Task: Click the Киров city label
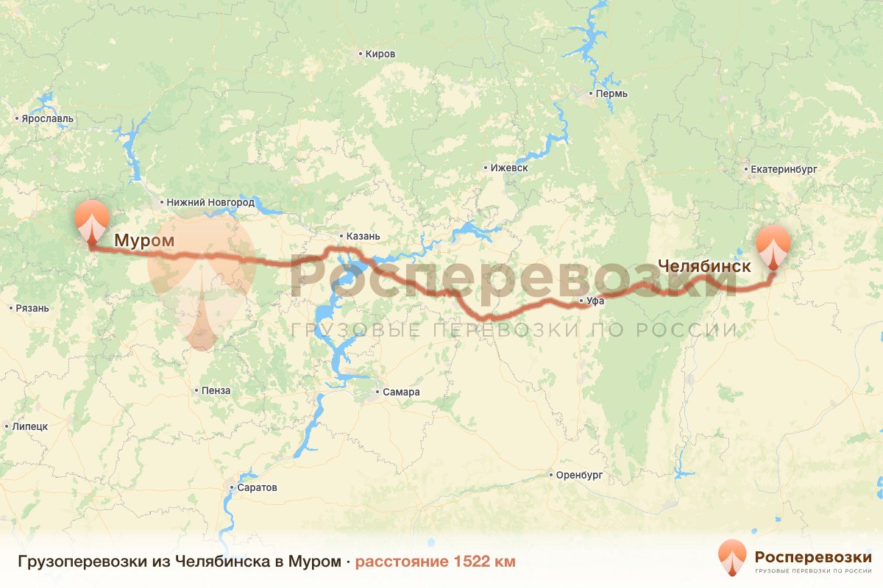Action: [x=380, y=54]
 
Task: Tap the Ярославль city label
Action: [x=48, y=118]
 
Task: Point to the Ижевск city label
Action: [x=511, y=168]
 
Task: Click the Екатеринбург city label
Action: [x=784, y=169]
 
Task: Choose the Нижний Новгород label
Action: [x=210, y=202]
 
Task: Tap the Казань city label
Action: [x=362, y=236]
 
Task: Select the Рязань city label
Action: [x=32, y=308]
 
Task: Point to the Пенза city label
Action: [x=216, y=391]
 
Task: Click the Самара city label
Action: [x=401, y=392]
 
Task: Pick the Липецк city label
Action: [x=30, y=426]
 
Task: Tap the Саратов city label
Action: [x=257, y=487]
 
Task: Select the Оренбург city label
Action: [x=580, y=476]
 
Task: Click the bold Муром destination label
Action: [x=144, y=240]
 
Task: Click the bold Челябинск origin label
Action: [x=704, y=266]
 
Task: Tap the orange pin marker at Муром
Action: [x=92, y=219]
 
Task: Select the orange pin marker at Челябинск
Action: [x=773, y=246]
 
